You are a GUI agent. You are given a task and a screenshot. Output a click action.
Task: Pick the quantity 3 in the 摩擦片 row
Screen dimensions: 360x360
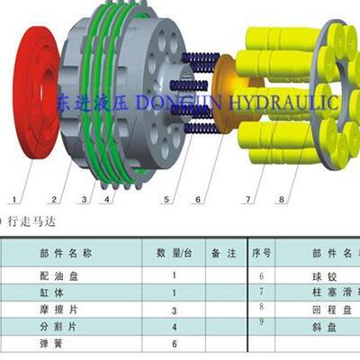click(x=174, y=310)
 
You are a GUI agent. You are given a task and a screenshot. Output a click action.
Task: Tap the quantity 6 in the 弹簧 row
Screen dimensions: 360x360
click(x=174, y=344)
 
